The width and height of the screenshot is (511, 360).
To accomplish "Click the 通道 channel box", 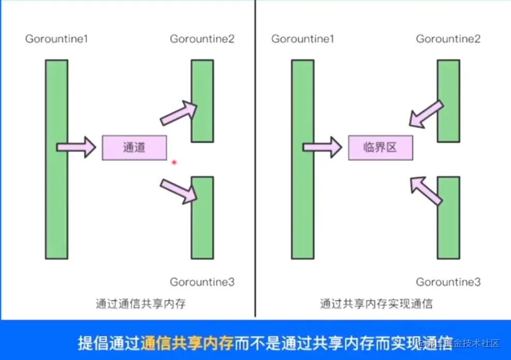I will click(134, 147).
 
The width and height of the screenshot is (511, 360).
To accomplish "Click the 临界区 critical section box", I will click(380, 147).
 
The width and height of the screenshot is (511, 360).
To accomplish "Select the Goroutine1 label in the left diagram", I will click(56, 39).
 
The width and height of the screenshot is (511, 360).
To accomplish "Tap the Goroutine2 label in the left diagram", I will click(202, 39).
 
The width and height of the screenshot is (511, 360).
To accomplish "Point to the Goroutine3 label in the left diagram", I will click(202, 282).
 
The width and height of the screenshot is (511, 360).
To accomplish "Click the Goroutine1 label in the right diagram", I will click(302, 39).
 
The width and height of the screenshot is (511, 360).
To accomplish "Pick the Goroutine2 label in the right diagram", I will click(448, 39).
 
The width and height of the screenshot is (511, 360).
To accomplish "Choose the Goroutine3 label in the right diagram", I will click(448, 282).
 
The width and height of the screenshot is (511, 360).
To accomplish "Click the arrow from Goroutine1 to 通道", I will click(76, 147).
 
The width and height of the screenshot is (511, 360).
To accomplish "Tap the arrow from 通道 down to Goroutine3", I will click(179, 190).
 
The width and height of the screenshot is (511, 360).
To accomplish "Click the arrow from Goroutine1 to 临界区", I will click(322, 147).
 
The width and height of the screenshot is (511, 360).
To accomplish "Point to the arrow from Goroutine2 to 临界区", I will click(426, 114).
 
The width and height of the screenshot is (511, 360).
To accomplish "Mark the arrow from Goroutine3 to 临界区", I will click(426, 189).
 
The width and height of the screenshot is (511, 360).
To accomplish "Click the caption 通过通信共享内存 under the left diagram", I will click(140, 304).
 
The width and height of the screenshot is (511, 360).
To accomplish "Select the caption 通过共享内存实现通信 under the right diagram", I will click(376, 304).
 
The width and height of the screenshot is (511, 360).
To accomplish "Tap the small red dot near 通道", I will click(174, 162).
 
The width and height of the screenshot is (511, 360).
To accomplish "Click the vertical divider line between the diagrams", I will click(255, 155).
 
